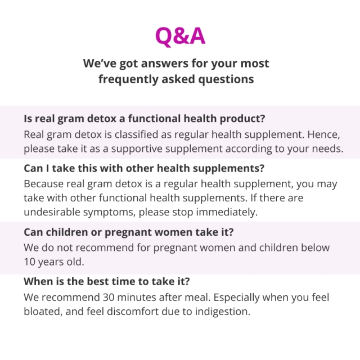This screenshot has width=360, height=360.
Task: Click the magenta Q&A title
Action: pos(180,36)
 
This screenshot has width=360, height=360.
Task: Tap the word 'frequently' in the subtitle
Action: pos(128,79)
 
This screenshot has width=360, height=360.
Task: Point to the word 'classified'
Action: pos(136,134)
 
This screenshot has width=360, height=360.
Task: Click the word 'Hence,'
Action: pos(323,134)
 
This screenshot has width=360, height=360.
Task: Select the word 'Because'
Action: pos(44,184)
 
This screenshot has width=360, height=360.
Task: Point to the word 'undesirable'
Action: pos(52,212)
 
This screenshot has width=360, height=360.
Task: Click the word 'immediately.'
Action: pos(227,212)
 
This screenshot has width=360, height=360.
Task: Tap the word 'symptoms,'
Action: pos(109,213)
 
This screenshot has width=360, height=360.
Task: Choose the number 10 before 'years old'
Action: pos(29,262)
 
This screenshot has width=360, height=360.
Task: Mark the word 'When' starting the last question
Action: pos(38,281)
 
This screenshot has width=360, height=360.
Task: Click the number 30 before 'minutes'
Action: pos(109,298)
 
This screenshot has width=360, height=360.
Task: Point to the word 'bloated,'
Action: pos(43,312)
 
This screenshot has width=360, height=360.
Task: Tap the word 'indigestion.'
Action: pos(223,312)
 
